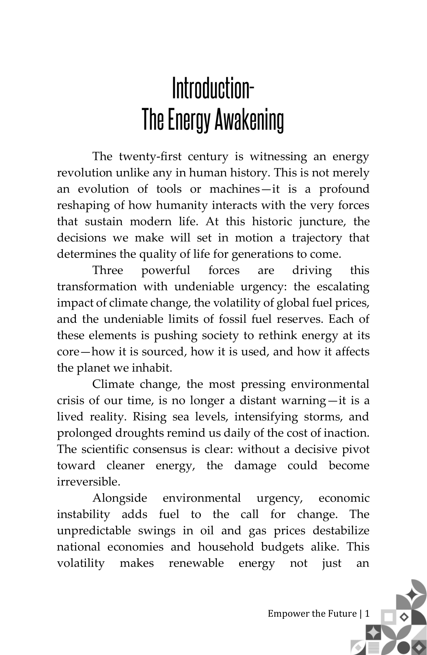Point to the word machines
point(234,189)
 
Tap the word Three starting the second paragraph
point(108,270)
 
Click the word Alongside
point(120,498)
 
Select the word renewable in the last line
point(196,563)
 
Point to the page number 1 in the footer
point(367,614)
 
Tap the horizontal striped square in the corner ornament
point(374,648)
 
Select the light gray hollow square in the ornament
point(388,617)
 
